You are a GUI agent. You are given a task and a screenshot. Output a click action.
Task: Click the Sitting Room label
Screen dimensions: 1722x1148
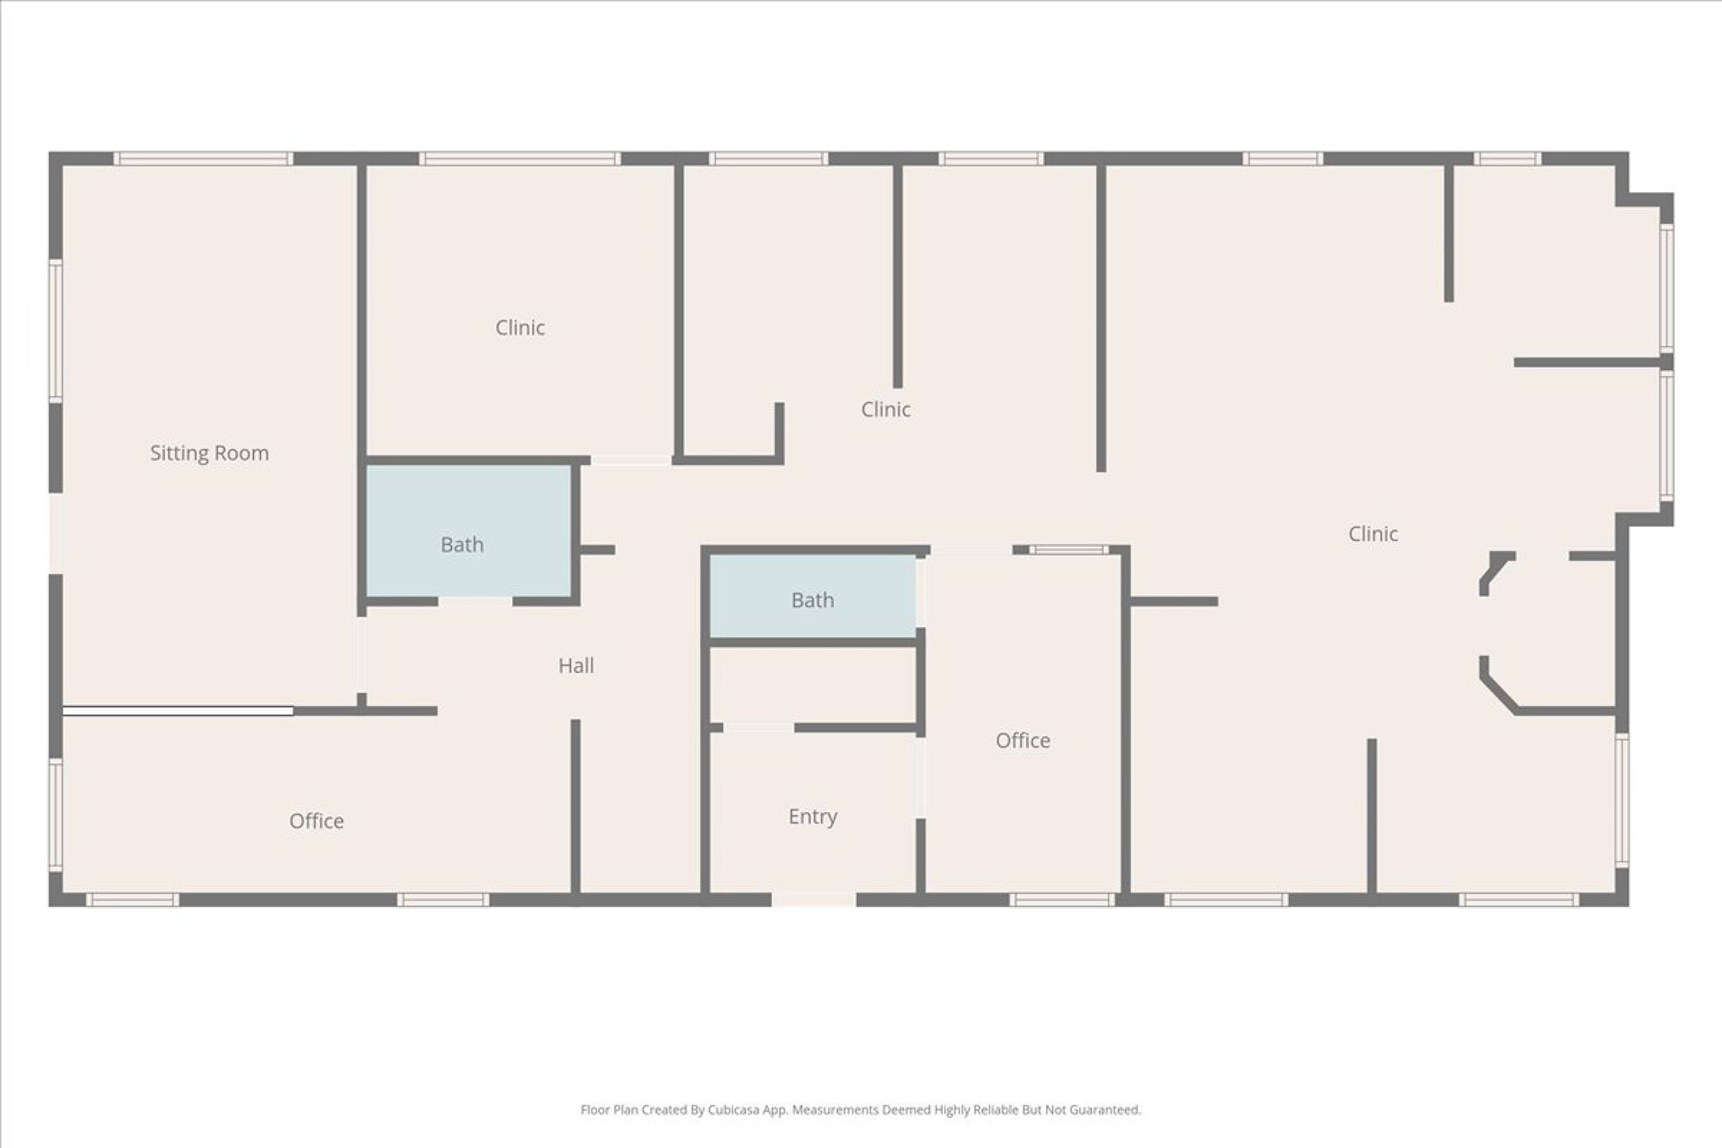[x=210, y=453]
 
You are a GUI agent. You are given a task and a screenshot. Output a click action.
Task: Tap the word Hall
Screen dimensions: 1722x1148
[x=576, y=665]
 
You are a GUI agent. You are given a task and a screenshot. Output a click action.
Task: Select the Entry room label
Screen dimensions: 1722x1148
[x=813, y=816]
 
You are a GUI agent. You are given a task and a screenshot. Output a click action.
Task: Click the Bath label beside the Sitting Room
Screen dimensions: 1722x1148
[x=462, y=545]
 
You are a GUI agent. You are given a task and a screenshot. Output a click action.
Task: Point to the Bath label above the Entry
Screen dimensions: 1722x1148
[x=813, y=600]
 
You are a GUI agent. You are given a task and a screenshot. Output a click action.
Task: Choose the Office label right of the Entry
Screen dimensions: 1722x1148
[x=1023, y=740]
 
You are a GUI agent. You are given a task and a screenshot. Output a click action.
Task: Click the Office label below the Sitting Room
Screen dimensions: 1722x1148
[x=316, y=821]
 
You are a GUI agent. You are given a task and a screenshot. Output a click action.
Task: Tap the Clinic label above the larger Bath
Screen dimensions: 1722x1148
[x=520, y=327]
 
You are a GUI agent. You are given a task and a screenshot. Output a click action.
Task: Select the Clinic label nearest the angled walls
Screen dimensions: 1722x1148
[x=1373, y=534]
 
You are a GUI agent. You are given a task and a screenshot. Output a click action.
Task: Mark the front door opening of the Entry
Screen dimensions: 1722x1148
[x=813, y=900]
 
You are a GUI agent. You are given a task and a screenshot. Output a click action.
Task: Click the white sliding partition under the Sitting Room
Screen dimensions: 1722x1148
[x=178, y=711]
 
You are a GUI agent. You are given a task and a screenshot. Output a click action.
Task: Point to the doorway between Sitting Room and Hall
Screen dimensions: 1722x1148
[x=361, y=656]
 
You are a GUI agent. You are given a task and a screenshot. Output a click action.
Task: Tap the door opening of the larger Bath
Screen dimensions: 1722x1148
[x=475, y=602]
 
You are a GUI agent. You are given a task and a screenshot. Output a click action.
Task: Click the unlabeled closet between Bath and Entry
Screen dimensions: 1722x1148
[x=813, y=685]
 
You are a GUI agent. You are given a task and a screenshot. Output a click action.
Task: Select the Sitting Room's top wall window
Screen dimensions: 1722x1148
[x=203, y=159]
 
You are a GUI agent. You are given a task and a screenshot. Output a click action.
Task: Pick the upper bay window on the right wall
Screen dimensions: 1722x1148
[x=1667, y=289]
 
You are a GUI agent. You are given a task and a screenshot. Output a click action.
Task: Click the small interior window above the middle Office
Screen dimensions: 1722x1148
[x=1069, y=550]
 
